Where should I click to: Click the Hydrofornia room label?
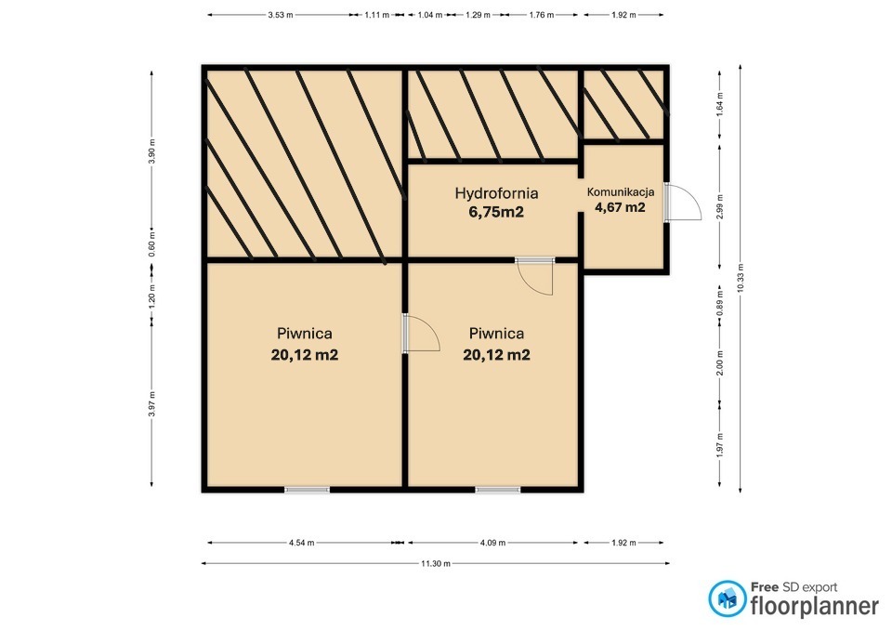[x=496, y=193]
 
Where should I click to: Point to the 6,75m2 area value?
[x=496, y=212]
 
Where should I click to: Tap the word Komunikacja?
[x=621, y=192]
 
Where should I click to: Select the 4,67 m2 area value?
[x=620, y=207]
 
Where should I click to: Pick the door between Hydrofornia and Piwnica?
[x=535, y=277]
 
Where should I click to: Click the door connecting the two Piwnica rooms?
[x=421, y=333]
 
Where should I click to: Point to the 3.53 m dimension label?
[x=281, y=16]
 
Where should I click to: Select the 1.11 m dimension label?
[x=376, y=16]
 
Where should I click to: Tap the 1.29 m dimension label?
[x=478, y=16]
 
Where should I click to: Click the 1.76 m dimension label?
[x=542, y=16]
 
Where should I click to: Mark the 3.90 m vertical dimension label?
[x=151, y=151]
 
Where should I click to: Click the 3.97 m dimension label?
[x=151, y=403]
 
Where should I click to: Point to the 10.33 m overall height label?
[x=741, y=278]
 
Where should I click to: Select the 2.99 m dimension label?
[x=719, y=206]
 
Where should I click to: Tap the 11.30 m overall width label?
[x=436, y=564]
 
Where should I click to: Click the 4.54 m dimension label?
[x=301, y=543]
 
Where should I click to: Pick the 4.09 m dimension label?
[x=492, y=543]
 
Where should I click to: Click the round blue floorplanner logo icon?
[x=727, y=598]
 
